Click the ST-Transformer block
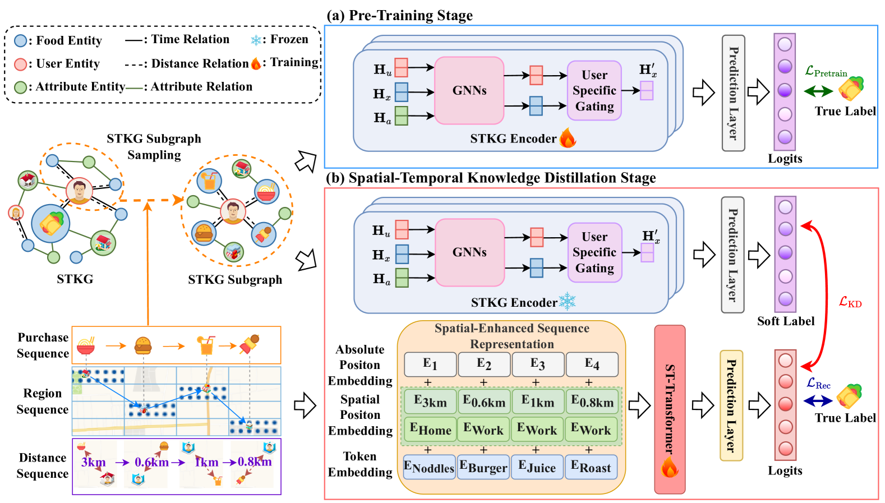tap(670, 409)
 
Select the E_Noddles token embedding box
tap(429, 467)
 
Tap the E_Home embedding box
tap(430, 430)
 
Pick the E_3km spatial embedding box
tap(430, 402)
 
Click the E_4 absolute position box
tap(592, 364)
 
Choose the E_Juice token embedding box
tap(537, 467)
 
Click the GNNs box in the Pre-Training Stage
tap(469, 90)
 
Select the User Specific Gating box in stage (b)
tap(594, 252)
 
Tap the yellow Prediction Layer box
tap(731, 405)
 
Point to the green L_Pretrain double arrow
tap(818, 91)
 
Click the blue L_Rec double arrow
tap(818, 400)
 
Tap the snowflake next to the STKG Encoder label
tap(568, 302)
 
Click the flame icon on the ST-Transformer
tap(670, 467)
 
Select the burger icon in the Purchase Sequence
tap(144, 345)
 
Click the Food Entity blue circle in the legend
tap(20, 40)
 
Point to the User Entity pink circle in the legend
tap(20, 64)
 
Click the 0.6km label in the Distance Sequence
tap(151, 463)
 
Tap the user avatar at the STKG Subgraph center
tap(232, 211)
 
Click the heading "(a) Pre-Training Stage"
tap(399, 15)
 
